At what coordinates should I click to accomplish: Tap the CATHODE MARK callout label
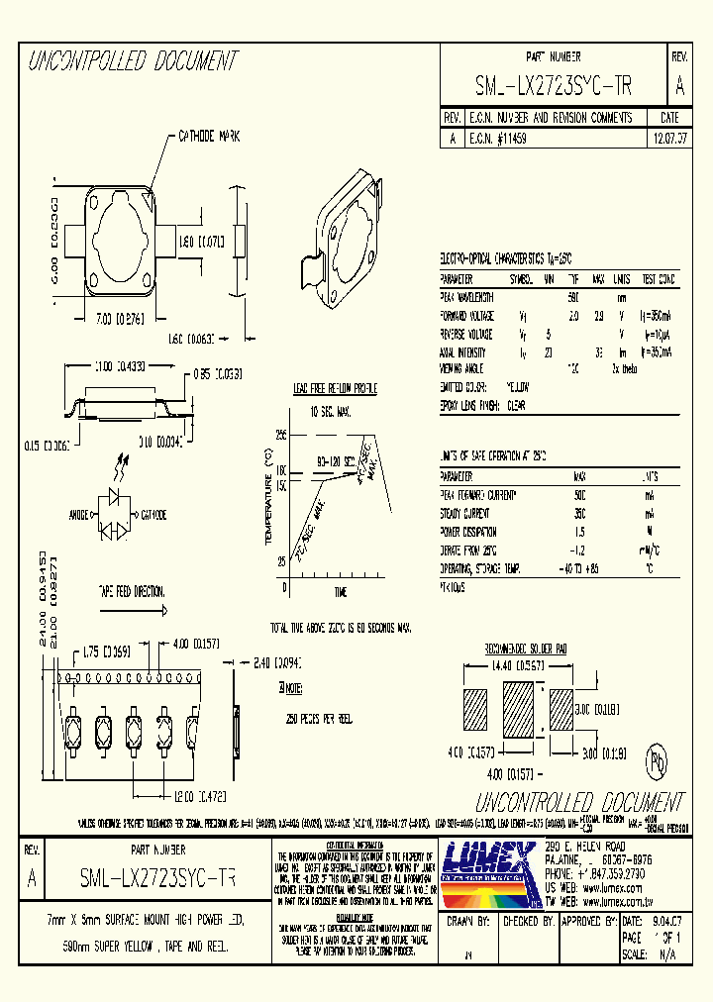coord(209,136)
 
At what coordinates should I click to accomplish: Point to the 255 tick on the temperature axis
coord(280,434)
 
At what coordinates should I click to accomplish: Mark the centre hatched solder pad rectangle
coord(521,712)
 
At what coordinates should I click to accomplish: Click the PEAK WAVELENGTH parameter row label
coord(466,297)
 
